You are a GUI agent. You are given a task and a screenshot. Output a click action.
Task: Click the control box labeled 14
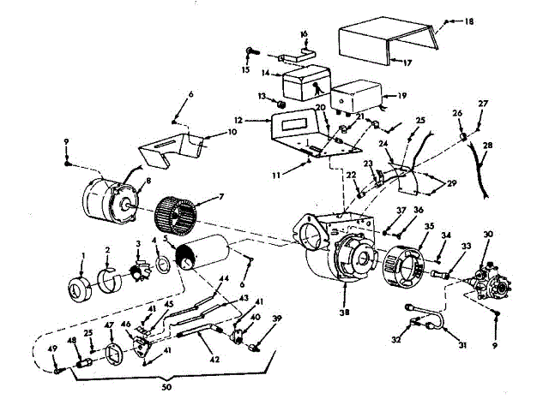click(305, 86)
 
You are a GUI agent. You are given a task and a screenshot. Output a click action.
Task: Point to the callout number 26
click(458, 114)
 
